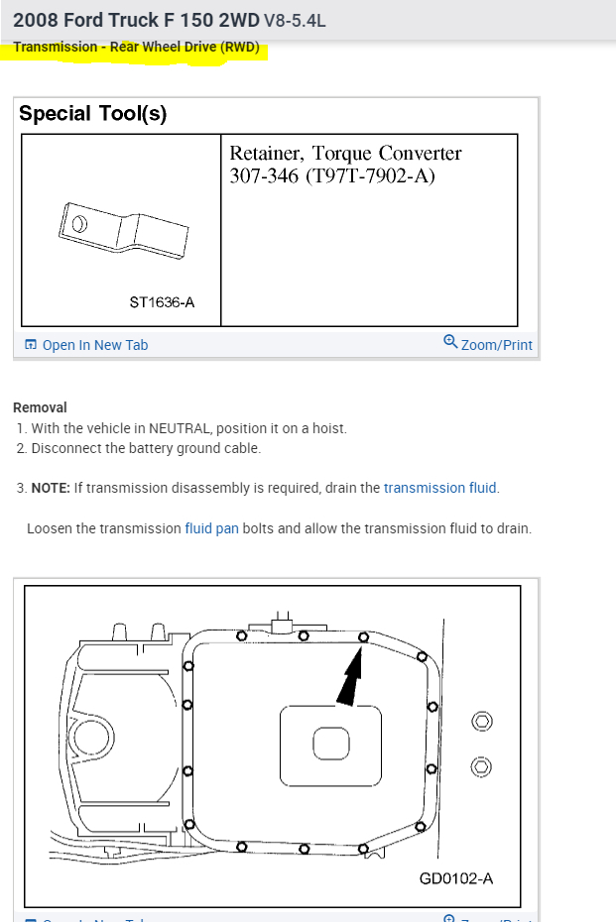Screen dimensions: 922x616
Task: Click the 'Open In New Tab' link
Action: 94,345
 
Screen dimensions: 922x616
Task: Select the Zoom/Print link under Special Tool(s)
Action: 496,345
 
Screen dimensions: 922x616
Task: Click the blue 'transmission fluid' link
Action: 440,488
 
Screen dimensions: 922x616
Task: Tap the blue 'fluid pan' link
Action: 211,528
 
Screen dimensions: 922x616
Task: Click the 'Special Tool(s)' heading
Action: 93,113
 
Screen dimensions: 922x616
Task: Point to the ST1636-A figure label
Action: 162,301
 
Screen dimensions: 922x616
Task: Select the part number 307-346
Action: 261,177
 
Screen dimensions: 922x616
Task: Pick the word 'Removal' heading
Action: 40,407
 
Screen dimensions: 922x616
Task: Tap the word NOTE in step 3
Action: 49,488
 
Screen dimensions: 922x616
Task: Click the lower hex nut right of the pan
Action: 481,766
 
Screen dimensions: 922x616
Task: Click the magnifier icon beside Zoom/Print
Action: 450,343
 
